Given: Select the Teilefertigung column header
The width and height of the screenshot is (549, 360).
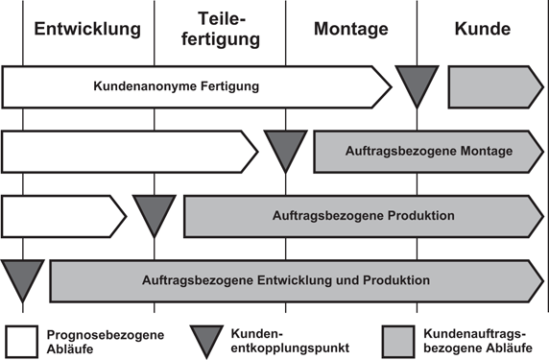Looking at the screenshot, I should (x=220, y=29).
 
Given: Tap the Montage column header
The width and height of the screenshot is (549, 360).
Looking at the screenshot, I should (x=350, y=29).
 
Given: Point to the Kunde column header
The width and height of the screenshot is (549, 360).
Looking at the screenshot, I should (x=483, y=29).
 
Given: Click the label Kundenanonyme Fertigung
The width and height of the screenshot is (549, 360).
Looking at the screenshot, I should (x=177, y=86).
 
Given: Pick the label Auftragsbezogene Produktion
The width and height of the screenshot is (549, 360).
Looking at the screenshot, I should (x=364, y=215).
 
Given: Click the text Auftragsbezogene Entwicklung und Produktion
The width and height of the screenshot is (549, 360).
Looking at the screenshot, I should (x=285, y=280).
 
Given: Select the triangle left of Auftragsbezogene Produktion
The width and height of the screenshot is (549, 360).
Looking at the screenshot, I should (x=154, y=212).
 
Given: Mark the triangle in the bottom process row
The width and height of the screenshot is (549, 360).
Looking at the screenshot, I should (x=22, y=277).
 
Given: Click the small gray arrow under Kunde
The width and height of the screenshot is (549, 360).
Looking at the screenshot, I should (x=495, y=86).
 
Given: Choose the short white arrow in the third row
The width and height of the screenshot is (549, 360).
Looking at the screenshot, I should (x=63, y=215).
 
